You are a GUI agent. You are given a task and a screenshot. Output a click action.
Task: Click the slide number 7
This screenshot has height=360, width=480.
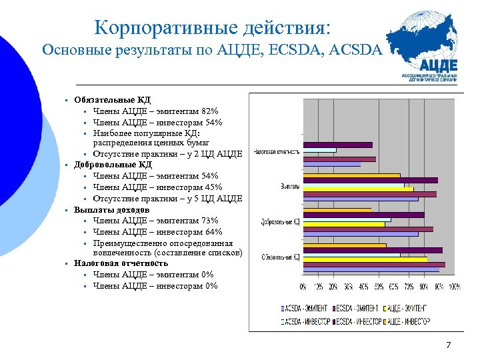(448, 345)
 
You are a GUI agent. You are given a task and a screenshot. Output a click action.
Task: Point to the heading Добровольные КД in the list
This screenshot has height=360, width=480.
(113, 165)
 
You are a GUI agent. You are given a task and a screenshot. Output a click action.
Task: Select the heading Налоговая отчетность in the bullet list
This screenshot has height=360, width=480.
(121, 263)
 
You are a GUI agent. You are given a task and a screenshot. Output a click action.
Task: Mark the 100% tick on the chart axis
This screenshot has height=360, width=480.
(455, 287)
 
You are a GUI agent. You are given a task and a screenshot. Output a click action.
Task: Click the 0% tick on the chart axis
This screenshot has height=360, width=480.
(303, 287)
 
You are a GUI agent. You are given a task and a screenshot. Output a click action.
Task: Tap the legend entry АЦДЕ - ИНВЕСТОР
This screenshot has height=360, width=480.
(407, 321)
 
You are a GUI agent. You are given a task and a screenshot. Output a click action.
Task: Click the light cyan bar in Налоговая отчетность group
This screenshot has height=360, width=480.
(320, 149)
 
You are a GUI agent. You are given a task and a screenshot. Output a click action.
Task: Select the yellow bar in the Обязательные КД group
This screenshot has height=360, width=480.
(365, 259)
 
